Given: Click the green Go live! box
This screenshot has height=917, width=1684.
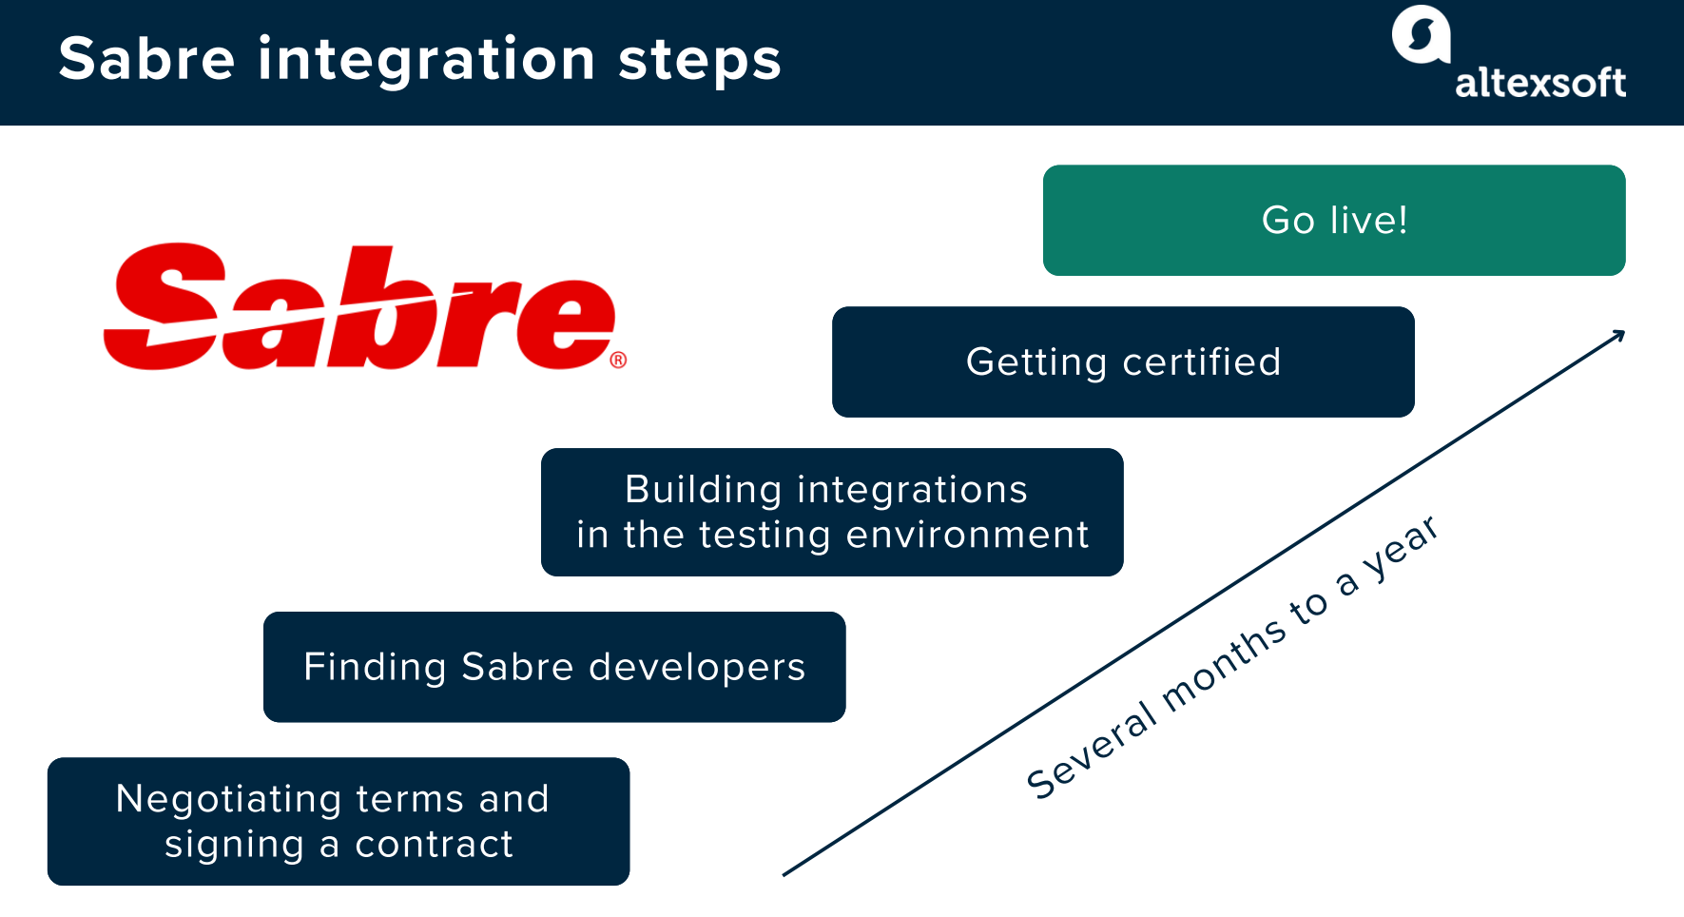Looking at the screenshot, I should [x=1333, y=221].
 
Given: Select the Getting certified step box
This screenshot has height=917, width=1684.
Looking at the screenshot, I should [x=1123, y=362].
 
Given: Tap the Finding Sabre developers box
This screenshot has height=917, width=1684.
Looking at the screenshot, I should [x=554, y=667].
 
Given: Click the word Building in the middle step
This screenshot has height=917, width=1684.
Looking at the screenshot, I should [x=703, y=490].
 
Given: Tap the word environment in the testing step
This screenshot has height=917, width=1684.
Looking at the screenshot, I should [x=967, y=535].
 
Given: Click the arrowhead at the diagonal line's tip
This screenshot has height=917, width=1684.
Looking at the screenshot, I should [x=1619, y=335].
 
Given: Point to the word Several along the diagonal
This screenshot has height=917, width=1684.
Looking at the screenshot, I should [x=1092, y=752].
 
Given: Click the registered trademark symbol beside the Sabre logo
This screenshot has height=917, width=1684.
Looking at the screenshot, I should [x=618, y=360].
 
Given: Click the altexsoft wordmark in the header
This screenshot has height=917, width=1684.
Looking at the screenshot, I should [x=1539, y=83].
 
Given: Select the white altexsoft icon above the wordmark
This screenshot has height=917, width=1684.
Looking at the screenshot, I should [x=1421, y=34].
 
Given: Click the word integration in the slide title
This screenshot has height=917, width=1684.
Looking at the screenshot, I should [x=426, y=59].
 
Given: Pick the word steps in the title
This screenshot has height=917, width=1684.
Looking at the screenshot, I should [x=700, y=60].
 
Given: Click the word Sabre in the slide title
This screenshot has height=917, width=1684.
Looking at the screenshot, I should [x=146, y=59].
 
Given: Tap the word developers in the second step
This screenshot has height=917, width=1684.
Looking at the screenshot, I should [x=697, y=668].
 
